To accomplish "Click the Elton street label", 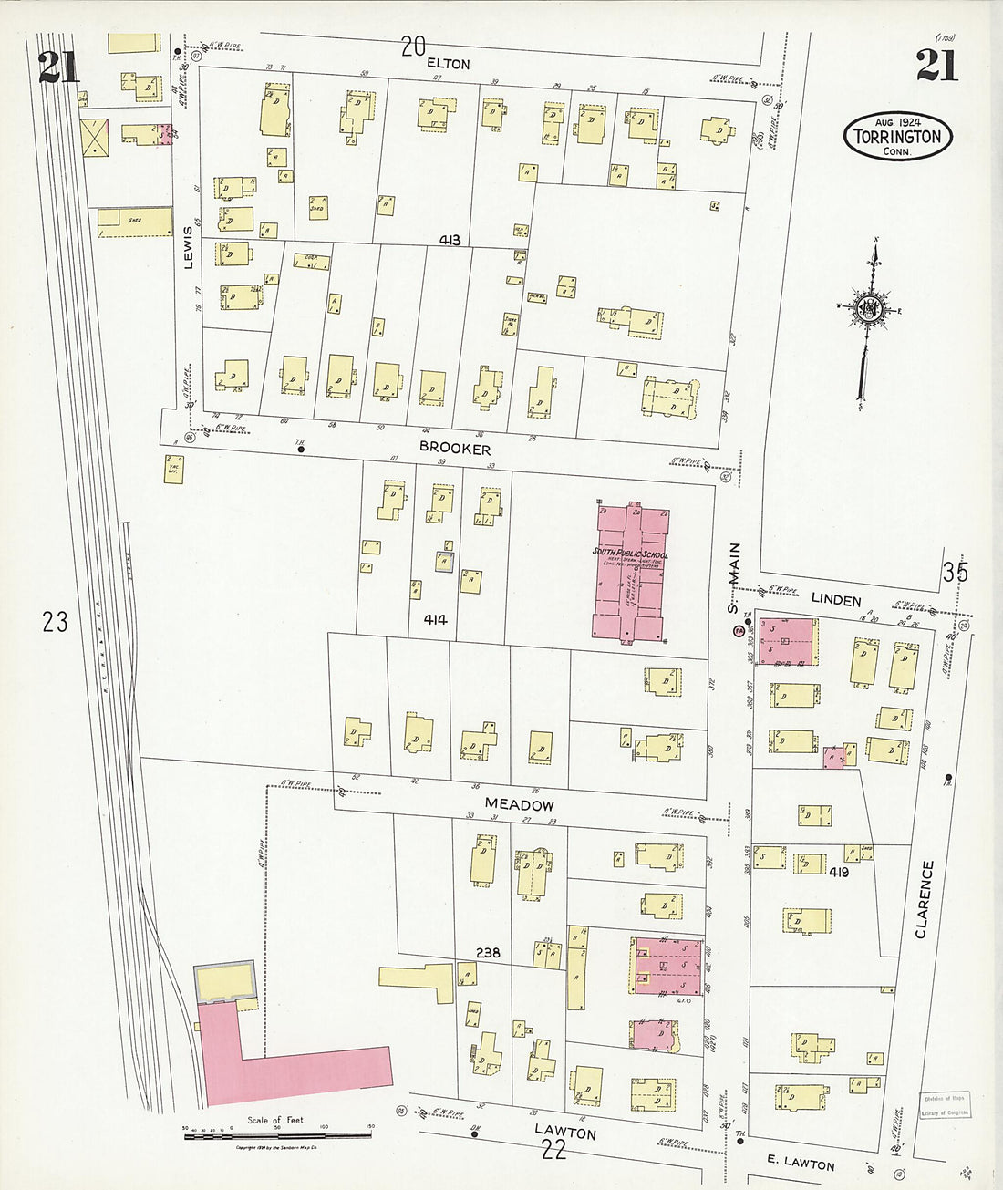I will [x=448, y=64].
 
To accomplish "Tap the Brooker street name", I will [x=455, y=449].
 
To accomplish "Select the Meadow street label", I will [x=519, y=804].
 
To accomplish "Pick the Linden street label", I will [x=835, y=600].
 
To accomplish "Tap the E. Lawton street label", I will [x=800, y=1164].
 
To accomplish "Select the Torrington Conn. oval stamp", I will [x=897, y=137].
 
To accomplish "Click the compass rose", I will [x=867, y=310].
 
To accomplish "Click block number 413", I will [x=450, y=241].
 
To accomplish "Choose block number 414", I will [x=435, y=620].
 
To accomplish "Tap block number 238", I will [x=488, y=953].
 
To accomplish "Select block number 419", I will [x=839, y=872].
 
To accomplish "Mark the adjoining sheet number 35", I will [x=955, y=573].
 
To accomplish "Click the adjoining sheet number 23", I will [x=55, y=622].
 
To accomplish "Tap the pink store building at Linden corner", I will [x=786, y=641].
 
